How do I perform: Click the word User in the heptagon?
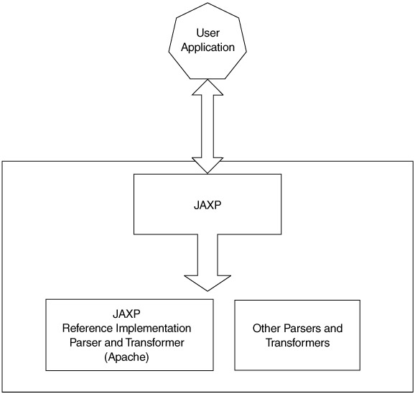pos(207,33)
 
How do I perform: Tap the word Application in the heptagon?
pos(207,47)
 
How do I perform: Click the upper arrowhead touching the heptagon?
pos(207,88)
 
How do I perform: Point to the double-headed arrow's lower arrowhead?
pos(207,165)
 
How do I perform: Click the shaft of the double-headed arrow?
pos(207,127)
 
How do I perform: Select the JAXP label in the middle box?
pos(207,206)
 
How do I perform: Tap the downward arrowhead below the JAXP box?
pos(207,283)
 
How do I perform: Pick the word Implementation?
pos(154,329)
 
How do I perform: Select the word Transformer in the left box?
pos(155,343)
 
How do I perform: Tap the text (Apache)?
pos(127,357)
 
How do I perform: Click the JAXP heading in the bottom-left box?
pos(127,314)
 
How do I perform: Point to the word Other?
pos(266,329)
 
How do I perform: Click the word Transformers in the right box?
pos(297,343)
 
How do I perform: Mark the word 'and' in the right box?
pos(333,329)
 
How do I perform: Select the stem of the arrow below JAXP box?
pos(207,255)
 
